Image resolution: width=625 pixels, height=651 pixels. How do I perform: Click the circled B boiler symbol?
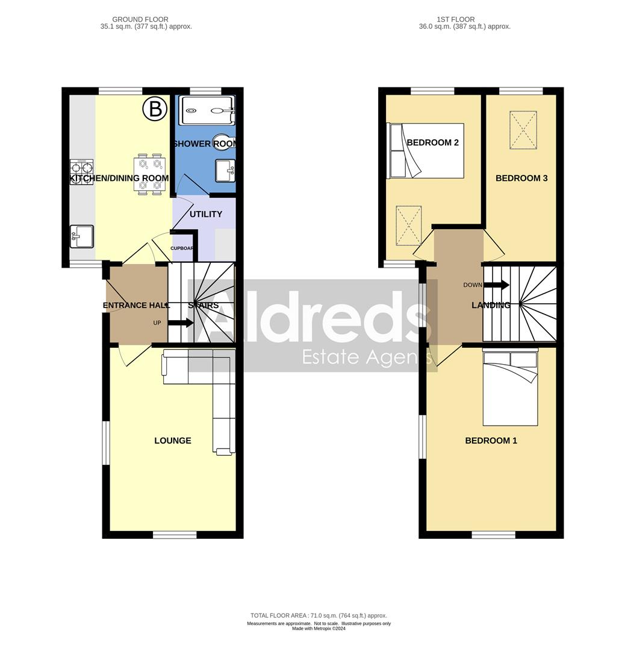(x=155, y=109)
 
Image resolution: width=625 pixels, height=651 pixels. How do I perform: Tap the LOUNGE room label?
(x=173, y=441)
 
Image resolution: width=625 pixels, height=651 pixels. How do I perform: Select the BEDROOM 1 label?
(x=491, y=441)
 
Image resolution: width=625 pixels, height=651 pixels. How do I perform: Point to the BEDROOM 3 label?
(x=521, y=178)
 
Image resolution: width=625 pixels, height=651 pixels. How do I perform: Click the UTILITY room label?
(x=206, y=214)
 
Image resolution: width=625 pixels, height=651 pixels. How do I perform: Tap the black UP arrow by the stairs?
(x=181, y=323)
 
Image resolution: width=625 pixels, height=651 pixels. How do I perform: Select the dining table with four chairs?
(x=149, y=175)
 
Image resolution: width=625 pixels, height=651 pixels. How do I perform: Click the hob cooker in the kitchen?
(x=82, y=172)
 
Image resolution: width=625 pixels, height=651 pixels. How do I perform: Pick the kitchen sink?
(x=81, y=236)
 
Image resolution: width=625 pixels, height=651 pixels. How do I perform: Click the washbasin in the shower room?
(x=226, y=170)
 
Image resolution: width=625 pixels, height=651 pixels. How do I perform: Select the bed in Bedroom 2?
(x=426, y=151)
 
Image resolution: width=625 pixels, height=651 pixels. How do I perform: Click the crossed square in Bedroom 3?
(x=523, y=130)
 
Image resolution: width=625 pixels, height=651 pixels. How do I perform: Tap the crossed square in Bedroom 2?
(x=409, y=225)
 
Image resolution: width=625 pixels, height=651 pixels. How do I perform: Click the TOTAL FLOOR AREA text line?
(x=319, y=615)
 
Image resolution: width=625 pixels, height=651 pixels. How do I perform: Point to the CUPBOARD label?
(x=182, y=248)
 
